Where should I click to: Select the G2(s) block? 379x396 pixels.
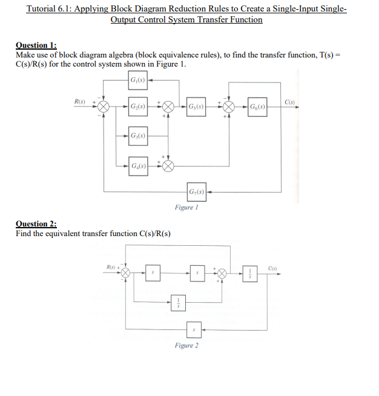click(x=137, y=107)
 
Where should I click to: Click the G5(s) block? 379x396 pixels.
click(x=197, y=107)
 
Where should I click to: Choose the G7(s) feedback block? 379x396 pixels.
click(x=197, y=193)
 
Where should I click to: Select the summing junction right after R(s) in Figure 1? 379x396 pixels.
click(x=104, y=107)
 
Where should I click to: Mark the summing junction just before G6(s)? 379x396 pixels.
click(x=229, y=107)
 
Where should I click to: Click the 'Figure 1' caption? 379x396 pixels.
click(x=186, y=207)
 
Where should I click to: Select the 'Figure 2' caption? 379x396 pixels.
click(x=186, y=345)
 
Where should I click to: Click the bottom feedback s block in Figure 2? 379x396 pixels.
click(x=193, y=331)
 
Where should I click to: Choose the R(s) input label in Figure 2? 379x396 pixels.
click(x=111, y=266)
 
